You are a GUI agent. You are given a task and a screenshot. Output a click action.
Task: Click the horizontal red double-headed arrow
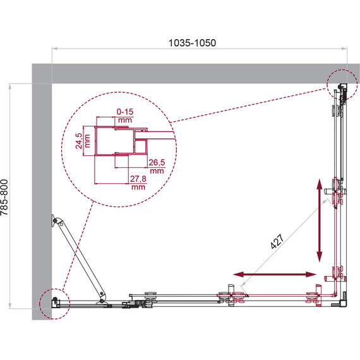coord(275,274)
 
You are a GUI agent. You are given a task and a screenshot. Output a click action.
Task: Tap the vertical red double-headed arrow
coord(318,220)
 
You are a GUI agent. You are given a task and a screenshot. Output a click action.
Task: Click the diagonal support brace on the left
coord(80,259)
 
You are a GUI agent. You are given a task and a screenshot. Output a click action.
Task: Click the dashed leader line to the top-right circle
coord(253,102)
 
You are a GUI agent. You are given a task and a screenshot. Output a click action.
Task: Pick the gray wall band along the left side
coord(40,189)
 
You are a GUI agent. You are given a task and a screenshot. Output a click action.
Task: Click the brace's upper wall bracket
coord(55,222)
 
